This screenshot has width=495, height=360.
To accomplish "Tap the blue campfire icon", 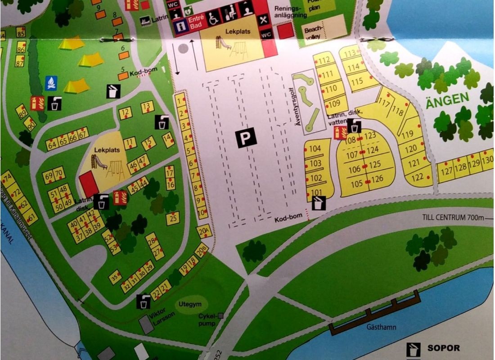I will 51,83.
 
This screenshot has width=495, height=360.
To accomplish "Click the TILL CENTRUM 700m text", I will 453,218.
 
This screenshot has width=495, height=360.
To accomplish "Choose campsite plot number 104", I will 315,149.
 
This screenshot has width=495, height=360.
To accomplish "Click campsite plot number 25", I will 173,218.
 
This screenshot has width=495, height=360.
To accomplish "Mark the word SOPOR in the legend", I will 444,348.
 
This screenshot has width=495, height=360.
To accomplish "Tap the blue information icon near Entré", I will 181,26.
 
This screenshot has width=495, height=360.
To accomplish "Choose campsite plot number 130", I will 487,161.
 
